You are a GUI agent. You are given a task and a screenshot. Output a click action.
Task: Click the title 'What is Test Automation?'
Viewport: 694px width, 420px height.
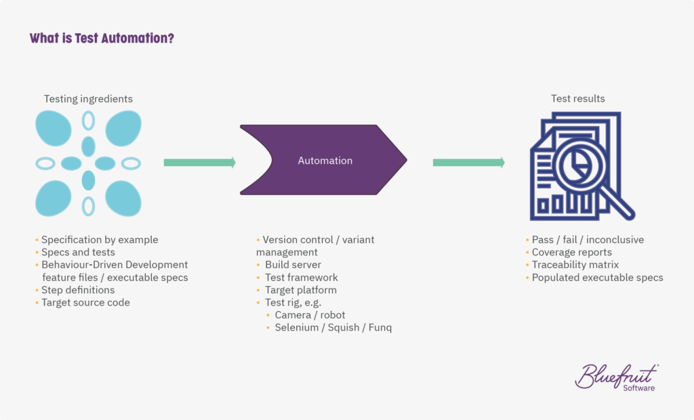pyautogui.click(x=102, y=38)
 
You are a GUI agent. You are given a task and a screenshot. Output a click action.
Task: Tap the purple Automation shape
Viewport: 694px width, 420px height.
pyautogui.click(x=325, y=161)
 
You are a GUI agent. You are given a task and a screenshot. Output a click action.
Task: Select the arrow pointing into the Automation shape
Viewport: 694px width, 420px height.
pyautogui.click(x=199, y=163)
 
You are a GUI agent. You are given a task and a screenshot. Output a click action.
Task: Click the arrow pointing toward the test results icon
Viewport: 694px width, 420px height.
pyautogui.click(x=468, y=163)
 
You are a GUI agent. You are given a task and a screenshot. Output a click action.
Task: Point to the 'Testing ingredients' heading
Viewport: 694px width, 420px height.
pyautogui.click(x=88, y=99)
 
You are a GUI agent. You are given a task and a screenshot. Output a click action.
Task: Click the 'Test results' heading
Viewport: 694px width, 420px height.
pyautogui.click(x=577, y=99)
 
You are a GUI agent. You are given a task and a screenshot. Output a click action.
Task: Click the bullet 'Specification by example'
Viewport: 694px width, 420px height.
pyautogui.click(x=100, y=240)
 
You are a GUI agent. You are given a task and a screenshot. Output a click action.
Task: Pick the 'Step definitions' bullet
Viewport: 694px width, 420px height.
pyautogui.click(x=78, y=290)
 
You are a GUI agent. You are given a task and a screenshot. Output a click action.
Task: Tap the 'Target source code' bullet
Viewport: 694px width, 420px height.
pyautogui.click(x=85, y=303)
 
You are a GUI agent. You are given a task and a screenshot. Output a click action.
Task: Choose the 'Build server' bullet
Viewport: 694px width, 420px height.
pyautogui.click(x=293, y=265)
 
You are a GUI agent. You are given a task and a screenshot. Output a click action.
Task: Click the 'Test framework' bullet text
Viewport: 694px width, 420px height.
pyautogui.click(x=301, y=278)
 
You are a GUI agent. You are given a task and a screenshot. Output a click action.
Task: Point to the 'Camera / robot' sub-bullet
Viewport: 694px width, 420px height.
pyautogui.click(x=310, y=315)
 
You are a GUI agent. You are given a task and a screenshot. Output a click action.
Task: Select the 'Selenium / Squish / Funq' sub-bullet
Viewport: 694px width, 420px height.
pyautogui.click(x=333, y=328)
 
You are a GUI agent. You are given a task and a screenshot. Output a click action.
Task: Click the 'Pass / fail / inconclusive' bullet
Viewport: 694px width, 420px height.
pyautogui.click(x=588, y=240)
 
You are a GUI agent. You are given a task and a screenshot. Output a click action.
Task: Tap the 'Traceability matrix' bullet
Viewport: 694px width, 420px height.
pyautogui.click(x=575, y=265)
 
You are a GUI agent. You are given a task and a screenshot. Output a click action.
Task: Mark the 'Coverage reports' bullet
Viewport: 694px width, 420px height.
pyautogui.click(x=571, y=253)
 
